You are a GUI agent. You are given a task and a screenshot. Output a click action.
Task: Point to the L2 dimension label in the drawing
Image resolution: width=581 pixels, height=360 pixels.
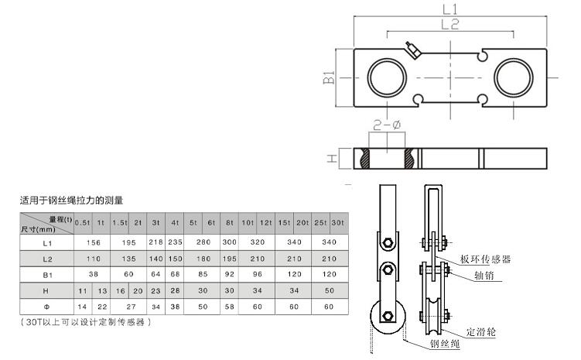coord(450,26)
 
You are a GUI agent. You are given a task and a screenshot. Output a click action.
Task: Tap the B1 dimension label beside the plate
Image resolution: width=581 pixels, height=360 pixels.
coord(328,78)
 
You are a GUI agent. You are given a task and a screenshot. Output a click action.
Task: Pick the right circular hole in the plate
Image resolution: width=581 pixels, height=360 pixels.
coord(514,78)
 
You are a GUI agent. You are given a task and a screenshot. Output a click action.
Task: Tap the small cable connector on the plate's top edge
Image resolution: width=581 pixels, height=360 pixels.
coord(414,51)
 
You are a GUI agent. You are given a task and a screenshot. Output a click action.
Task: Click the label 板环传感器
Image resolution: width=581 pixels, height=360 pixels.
coord(486,259)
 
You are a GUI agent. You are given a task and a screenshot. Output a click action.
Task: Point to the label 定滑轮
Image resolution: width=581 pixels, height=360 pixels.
coord(482,331)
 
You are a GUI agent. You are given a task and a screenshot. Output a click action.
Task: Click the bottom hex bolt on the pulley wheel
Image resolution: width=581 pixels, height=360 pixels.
coord(384,317)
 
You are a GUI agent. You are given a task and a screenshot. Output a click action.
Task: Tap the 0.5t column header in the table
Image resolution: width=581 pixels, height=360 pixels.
coord(82,223)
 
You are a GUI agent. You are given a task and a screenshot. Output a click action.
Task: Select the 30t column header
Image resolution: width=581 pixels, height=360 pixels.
coord(337,223)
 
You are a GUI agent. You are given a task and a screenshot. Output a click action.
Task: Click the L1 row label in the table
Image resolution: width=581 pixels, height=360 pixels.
coord(46,242)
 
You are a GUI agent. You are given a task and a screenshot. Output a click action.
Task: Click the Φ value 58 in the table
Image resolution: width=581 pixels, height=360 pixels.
coord(229,307)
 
